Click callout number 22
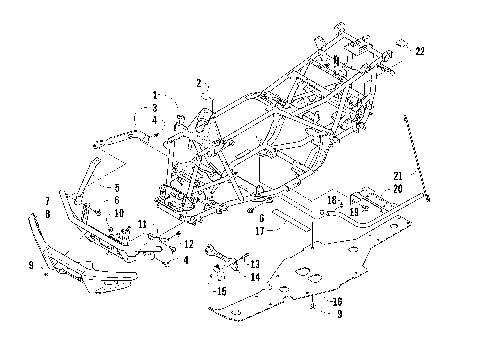point(420,52)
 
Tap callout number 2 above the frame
point(199,83)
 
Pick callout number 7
point(48,201)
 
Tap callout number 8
point(48,213)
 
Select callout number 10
point(118,213)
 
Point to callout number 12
point(188,243)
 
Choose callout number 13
point(255,263)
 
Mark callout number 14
point(255,276)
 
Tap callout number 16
point(338,300)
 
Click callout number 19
point(355,212)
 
